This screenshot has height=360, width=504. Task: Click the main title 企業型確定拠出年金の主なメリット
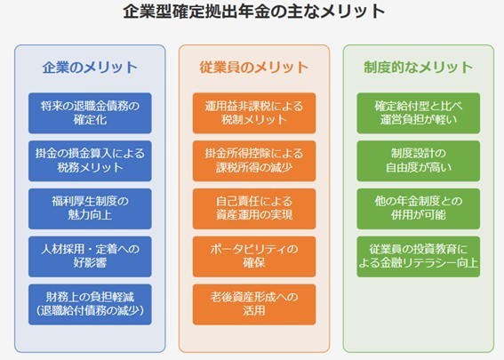[x=254, y=12]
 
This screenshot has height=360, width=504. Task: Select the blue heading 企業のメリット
[x=90, y=68]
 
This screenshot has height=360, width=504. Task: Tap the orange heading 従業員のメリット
[x=254, y=68]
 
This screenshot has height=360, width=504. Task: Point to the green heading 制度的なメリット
[x=418, y=68]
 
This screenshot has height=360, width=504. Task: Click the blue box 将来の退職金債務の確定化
[x=90, y=113]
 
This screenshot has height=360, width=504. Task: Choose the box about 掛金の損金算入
[x=90, y=161]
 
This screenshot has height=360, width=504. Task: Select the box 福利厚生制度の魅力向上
[x=90, y=209]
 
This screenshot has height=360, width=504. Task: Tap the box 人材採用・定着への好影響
[x=90, y=257]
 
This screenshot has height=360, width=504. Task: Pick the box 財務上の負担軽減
[x=90, y=304]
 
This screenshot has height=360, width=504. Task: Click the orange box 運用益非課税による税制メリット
[x=254, y=113]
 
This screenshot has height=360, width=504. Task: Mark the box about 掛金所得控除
[x=254, y=161]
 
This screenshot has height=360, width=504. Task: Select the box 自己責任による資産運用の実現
[x=254, y=209]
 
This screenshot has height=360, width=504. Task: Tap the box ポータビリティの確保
[x=254, y=257]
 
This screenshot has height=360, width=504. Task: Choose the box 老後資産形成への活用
[x=254, y=304]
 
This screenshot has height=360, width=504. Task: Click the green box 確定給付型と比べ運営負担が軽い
[x=419, y=113]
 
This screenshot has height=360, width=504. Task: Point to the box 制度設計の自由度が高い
[x=419, y=161]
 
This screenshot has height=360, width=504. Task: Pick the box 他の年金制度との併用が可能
[x=419, y=209]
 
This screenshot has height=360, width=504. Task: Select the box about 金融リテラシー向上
[x=419, y=257]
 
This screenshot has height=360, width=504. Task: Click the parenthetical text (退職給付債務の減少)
[x=90, y=311]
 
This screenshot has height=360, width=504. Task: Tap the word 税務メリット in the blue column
[x=90, y=167]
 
